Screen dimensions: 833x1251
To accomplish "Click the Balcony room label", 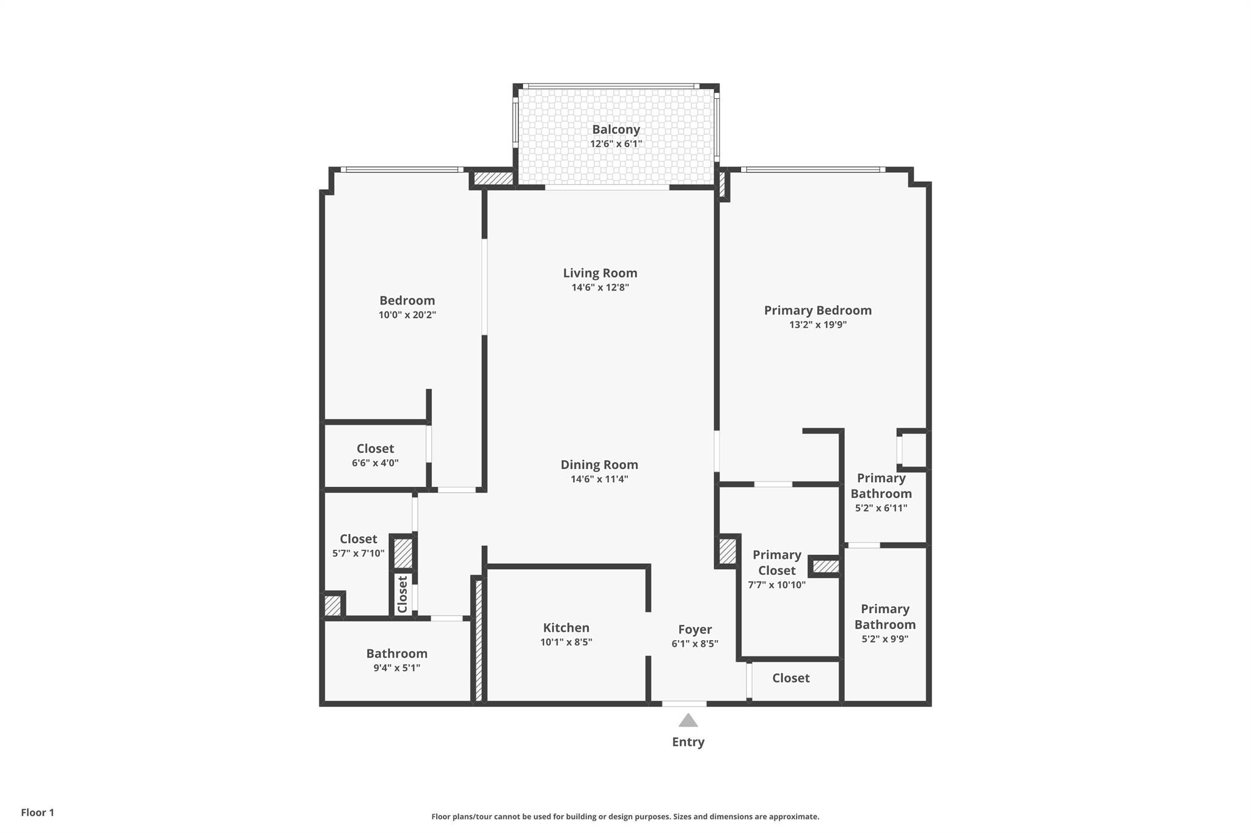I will [616, 129].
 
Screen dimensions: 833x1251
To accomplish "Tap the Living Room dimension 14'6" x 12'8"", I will [600, 287].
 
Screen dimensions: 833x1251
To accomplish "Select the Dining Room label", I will [599, 464].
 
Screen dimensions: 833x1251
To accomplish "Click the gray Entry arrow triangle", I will [688, 721].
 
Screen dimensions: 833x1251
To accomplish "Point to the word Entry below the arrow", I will [688, 742].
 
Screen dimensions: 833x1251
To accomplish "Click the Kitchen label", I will [566, 627].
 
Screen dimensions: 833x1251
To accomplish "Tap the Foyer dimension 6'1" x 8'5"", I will [695, 643].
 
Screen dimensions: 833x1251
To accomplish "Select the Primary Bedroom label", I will [817, 310].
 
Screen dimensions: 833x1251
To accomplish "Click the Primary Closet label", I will [776, 562].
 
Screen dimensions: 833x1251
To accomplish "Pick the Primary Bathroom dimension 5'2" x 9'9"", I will [884, 639].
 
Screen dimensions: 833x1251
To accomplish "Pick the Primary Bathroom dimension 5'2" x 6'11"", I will [881, 508].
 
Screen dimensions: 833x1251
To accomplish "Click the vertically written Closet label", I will [403, 594].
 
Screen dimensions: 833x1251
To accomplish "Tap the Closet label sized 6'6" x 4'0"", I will [375, 449].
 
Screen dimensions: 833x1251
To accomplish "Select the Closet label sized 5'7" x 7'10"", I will [358, 539].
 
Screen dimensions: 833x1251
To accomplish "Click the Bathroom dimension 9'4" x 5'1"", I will [396, 668].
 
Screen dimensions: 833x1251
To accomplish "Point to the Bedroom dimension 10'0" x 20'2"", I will [407, 315].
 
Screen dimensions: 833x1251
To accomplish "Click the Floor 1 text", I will [37, 812].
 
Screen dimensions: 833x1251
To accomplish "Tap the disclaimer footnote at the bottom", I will [625, 817].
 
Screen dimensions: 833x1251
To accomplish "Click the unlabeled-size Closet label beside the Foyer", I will [790, 678].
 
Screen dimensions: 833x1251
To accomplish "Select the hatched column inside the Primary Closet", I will [826, 567].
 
